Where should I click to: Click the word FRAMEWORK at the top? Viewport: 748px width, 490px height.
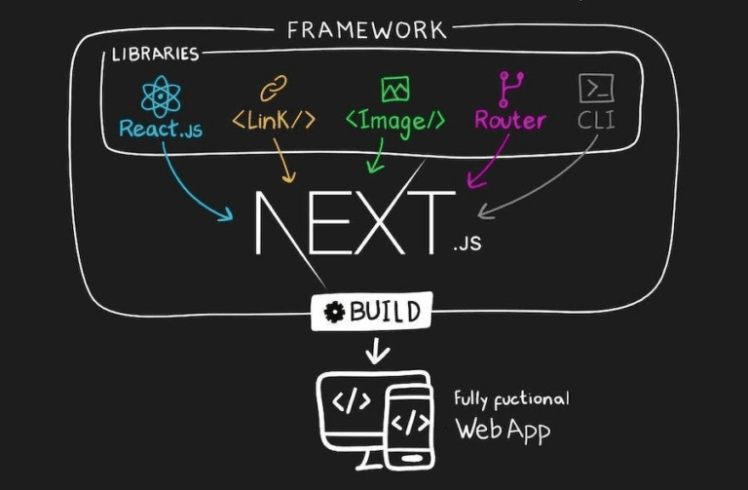[x=366, y=29]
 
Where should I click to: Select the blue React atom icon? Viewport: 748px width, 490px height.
[x=161, y=96]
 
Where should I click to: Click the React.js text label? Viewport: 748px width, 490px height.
[x=161, y=129]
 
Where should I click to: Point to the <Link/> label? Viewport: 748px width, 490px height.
[x=274, y=122]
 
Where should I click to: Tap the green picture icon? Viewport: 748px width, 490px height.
[x=395, y=90]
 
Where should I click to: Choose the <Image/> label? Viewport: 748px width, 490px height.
[x=395, y=121]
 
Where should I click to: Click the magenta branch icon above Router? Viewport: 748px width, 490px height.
[x=509, y=88]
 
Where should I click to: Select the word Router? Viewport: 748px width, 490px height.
[x=509, y=121]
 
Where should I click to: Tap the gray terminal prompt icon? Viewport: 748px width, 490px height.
[x=596, y=89]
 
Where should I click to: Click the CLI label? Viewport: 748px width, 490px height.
[x=596, y=122]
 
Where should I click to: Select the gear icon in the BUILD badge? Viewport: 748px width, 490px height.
[x=335, y=313]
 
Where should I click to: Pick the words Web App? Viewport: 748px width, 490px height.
[x=503, y=429]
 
